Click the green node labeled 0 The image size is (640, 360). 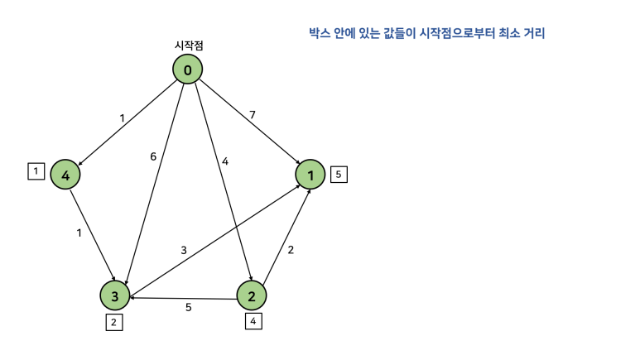[188, 70]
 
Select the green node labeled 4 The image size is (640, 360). [65, 175]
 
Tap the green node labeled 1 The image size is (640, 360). [310, 175]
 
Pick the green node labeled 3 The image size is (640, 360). [115, 295]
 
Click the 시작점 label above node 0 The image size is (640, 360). [188, 46]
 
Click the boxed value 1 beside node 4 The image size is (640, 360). [36, 171]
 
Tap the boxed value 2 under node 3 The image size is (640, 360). [114, 323]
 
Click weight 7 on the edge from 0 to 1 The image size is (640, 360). [253, 113]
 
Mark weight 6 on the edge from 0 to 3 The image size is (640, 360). [153, 157]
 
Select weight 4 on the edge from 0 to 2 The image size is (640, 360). [224, 161]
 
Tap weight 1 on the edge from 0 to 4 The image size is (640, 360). [122, 118]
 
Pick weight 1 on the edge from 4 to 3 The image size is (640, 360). [79, 233]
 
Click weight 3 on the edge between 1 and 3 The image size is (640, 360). [184, 249]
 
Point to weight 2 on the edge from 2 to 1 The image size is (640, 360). [291, 249]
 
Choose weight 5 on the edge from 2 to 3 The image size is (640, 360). [188, 308]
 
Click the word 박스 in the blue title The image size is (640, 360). [319, 34]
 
